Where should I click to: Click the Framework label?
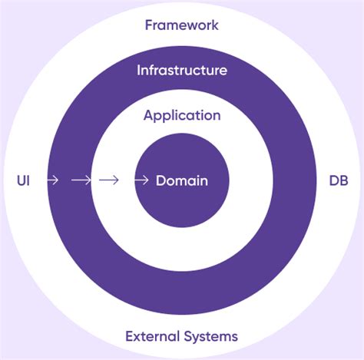pyautogui.click(x=182, y=25)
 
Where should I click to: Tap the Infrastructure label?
pyautogui.click(x=182, y=71)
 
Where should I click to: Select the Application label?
pyautogui.click(x=182, y=116)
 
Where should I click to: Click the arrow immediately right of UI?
pyautogui.click(x=52, y=180)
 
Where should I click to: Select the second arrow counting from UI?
pyautogui.click(x=81, y=180)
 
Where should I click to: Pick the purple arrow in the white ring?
pyautogui.click(x=109, y=180)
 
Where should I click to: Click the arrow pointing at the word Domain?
pyautogui.click(x=141, y=180)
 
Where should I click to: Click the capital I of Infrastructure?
pyautogui.click(x=139, y=71)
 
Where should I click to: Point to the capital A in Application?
pyautogui.click(x=148, y=116)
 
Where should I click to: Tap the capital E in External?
pyautogui.click(x=129, y=335)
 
